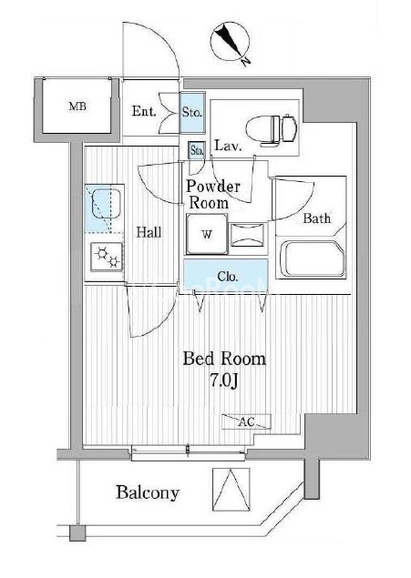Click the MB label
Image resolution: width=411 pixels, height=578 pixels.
77,106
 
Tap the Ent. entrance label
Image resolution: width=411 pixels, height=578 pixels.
144,111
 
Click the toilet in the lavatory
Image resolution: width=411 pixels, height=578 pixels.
272,128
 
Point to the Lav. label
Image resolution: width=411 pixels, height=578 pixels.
229,146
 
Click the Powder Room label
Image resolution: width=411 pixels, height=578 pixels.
211,194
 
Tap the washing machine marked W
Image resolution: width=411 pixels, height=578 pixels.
207,234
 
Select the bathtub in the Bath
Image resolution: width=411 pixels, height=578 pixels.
313,259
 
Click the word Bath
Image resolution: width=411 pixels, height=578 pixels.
316,218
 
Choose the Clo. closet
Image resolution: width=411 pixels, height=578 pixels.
226,276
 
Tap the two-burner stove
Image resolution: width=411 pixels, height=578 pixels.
107,257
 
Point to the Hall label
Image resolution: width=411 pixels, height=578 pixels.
149,232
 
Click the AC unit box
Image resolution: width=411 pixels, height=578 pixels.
246,421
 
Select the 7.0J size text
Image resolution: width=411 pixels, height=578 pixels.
224,380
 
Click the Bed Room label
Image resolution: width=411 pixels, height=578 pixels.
224,359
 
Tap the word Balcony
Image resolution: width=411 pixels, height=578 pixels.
148,492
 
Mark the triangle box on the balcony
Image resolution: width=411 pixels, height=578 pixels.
231,490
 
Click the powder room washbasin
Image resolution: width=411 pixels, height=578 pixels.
248,235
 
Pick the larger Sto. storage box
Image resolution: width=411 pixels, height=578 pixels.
192,113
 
